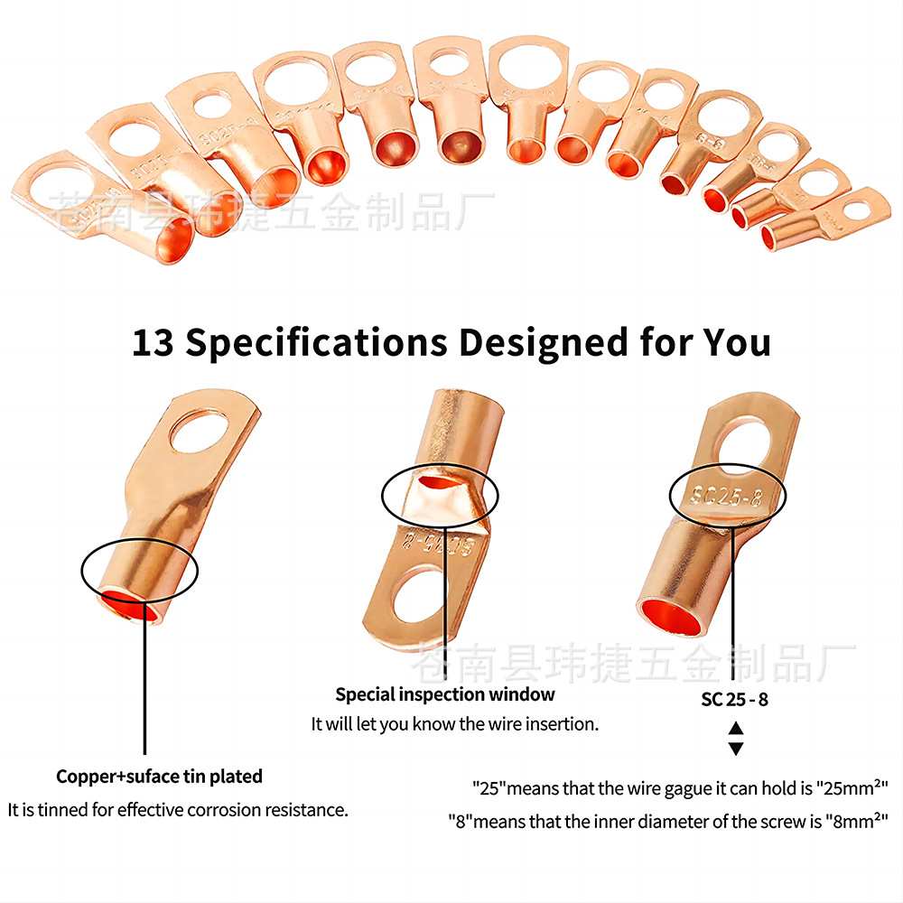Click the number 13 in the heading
point(153,343)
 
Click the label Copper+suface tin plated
point(159,777)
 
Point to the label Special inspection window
point(445,694)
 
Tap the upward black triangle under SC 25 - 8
point(735,728)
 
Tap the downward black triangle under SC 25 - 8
point(735,748)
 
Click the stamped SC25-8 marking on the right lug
point(727,496)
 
